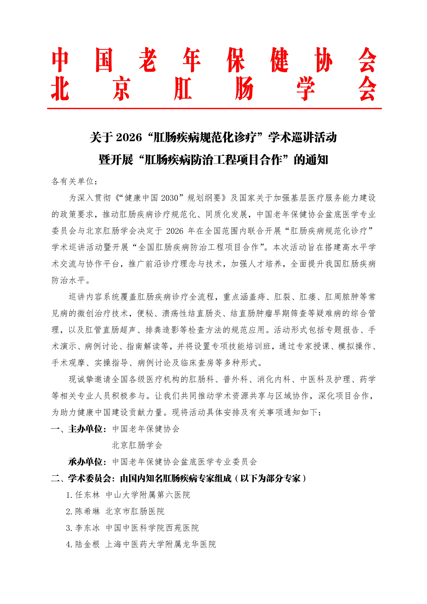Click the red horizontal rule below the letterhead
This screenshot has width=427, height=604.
coord(214,108)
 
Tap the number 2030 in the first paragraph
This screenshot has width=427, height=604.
coord(170,198)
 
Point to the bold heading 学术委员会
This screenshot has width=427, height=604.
coord(89,478)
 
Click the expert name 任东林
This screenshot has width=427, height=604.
coord(88,495)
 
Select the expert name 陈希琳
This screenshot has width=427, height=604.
coord(88,511)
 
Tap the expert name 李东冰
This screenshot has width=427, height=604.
coord(88,528)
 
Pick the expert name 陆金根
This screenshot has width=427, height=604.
coord(88,544)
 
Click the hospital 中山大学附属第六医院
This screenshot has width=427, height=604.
coord(148,495)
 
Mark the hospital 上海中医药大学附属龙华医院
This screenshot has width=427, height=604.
coord(161,544)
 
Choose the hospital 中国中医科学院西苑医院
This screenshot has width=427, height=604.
coord(152,528)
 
